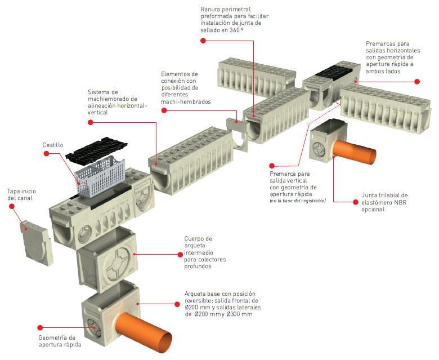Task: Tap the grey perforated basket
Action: coord(100,177)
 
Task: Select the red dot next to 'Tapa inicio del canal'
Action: coord(10,206)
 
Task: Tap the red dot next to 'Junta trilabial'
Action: coord(353,200)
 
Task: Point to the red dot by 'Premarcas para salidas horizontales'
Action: coord(417,82)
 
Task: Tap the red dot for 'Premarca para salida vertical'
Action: coord(272,166)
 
